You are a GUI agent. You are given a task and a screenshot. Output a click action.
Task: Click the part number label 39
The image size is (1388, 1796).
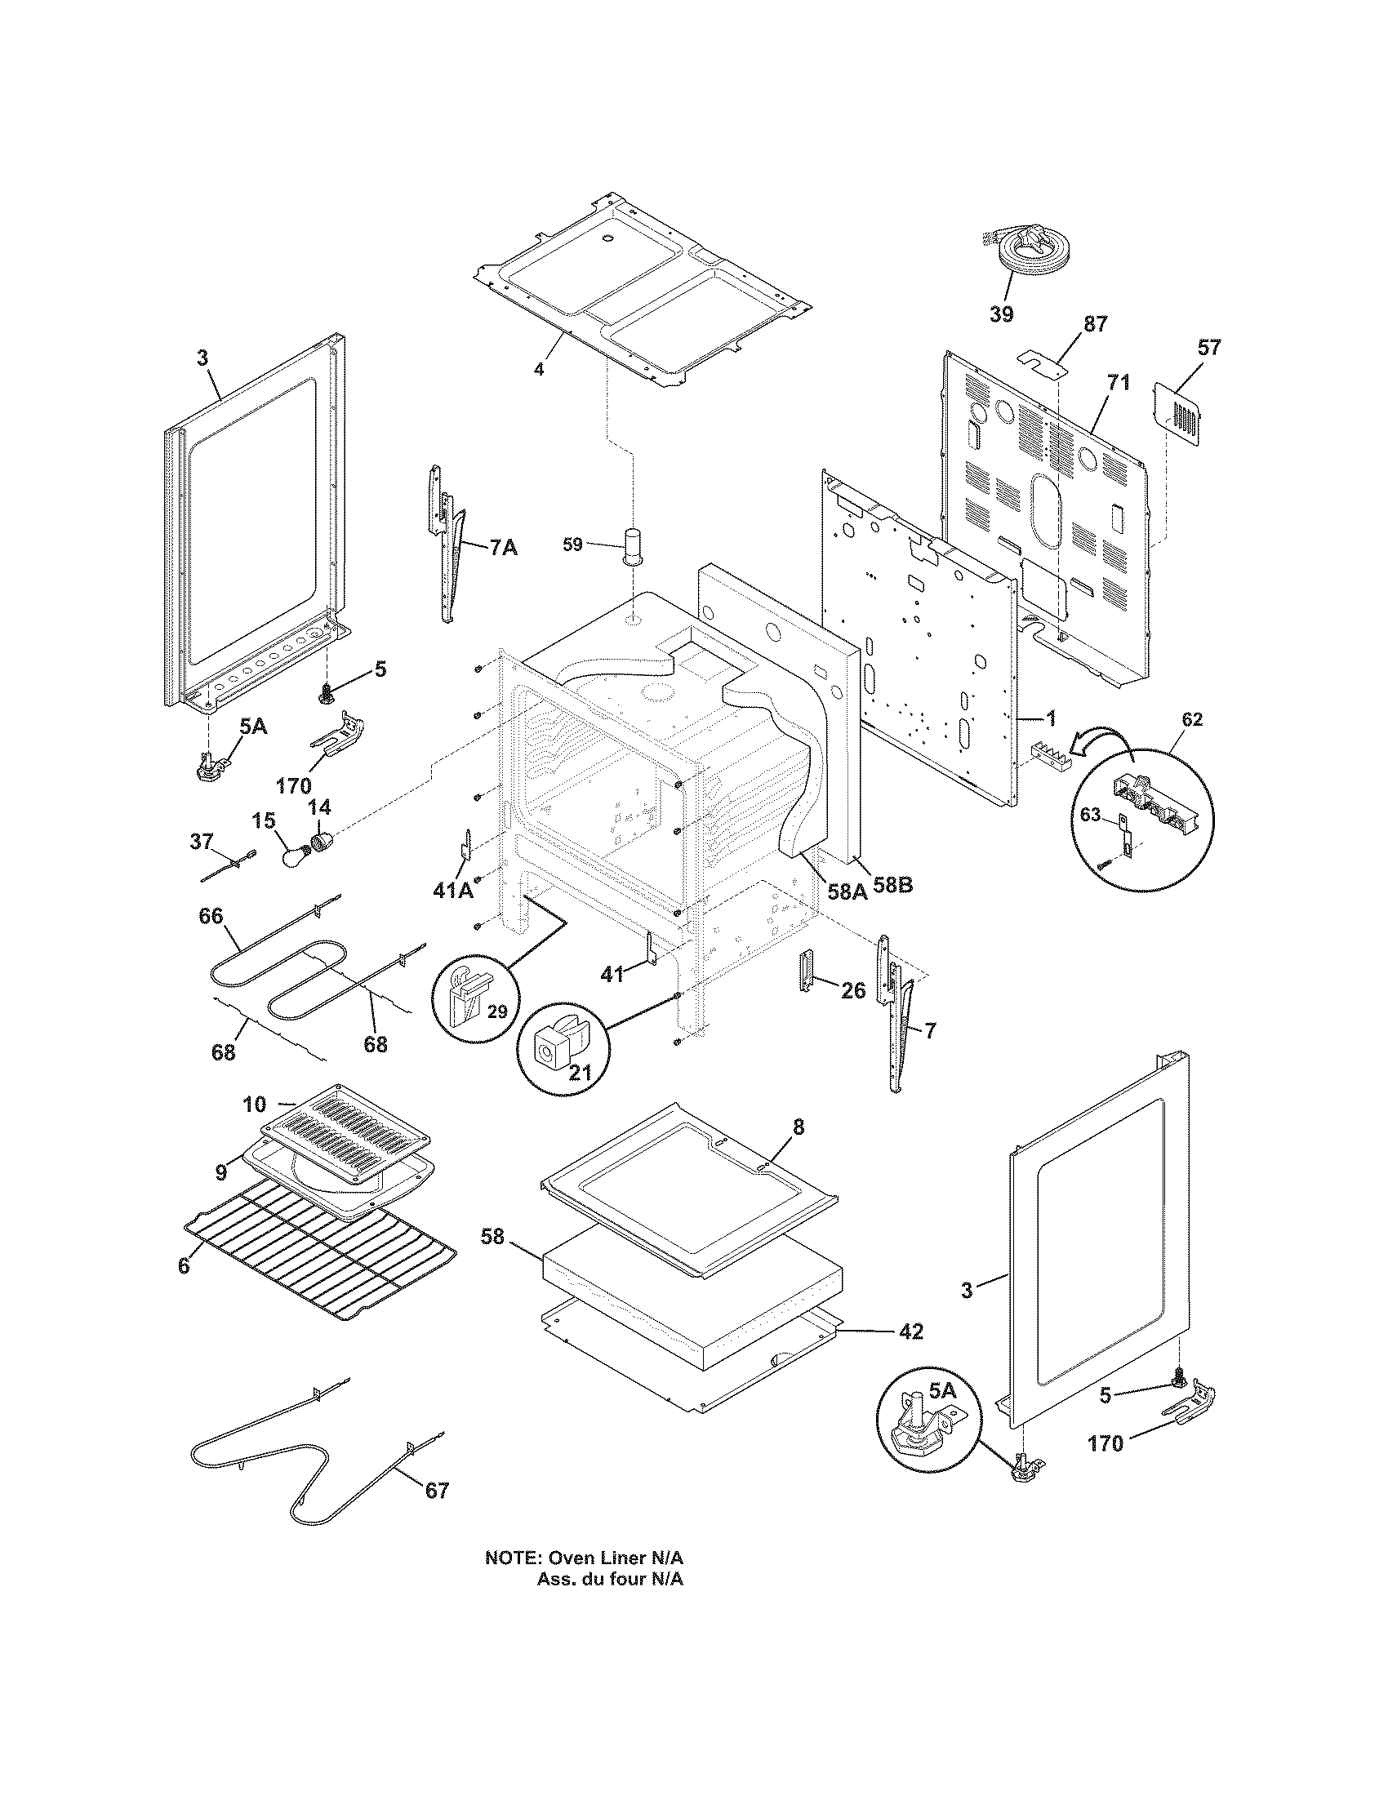1001,313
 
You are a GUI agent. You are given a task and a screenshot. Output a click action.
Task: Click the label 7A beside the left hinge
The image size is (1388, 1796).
502,547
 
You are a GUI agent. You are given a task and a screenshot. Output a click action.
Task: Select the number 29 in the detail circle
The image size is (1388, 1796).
496,1011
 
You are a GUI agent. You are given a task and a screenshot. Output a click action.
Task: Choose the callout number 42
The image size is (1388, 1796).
910,1331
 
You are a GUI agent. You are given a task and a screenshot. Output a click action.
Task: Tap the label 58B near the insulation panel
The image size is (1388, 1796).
892,887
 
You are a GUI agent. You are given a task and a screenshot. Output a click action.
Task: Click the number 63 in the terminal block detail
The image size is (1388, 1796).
1089,815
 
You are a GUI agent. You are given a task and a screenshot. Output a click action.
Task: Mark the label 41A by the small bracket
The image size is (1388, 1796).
452,889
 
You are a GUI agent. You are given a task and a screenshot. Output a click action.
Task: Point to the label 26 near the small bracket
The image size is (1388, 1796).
852,990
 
